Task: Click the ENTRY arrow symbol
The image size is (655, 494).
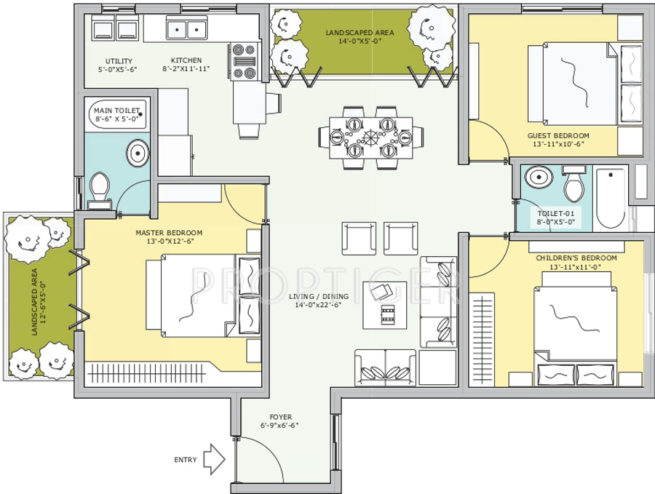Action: click(x=213, y=459)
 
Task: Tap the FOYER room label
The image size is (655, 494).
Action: click(x=280, y=418)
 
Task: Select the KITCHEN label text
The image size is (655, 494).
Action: click(x=186, y=60)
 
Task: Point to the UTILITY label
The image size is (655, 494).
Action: click(x=118, y=60)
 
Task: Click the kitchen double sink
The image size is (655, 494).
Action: click(x=186, y=30)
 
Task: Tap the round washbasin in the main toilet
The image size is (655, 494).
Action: click(x=137, y=154)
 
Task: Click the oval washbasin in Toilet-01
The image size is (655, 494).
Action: click(x=539, y=178)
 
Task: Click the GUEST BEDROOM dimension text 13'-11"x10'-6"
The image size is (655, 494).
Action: click(x=558, y=144)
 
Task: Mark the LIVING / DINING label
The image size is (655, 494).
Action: click(x=318, y=296)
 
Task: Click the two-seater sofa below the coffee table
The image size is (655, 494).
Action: click(x=385, y=367)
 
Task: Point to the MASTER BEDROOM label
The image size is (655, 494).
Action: click(x=169, y=233)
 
